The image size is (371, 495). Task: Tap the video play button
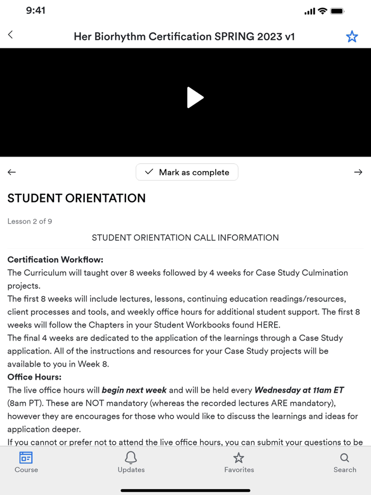tap(195, 98)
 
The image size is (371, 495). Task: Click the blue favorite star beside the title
tap(352, 37)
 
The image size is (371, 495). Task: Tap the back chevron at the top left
tap(11, 35)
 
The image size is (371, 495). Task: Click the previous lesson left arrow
tap(12, 172)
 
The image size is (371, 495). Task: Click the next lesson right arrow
tap(358, 172)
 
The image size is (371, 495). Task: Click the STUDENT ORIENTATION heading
tap(76, 198)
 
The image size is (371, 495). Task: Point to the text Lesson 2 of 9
tap(30, 222)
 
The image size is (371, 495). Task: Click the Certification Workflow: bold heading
tap(55, 260)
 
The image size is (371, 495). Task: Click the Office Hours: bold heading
tap(34, 377)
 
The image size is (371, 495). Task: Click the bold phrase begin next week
tap(134, 390)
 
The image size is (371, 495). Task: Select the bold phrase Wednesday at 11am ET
tap(299, 390)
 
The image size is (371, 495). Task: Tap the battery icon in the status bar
tap(337, 11)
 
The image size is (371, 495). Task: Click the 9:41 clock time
tap(36, 11)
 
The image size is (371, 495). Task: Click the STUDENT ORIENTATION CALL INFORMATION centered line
tap(185, 237)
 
